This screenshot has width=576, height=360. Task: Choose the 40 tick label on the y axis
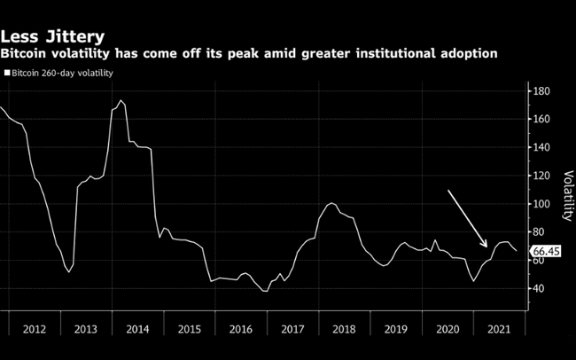pos(541,289)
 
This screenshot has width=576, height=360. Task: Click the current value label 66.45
pos(547,253)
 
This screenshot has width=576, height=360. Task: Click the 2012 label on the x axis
pos(34,329)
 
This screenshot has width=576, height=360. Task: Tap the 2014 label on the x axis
pos(137,329)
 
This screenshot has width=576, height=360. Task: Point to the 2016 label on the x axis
pos(240,329)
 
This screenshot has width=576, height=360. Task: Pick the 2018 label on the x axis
pos(343,329)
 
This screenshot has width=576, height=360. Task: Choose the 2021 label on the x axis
pos(498,329)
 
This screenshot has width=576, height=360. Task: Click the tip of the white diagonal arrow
pos(486,247)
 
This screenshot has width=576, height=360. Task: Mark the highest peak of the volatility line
pos(121,101)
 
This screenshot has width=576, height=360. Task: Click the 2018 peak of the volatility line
pos(331,204)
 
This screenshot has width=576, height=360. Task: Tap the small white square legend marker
pos(7,73)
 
